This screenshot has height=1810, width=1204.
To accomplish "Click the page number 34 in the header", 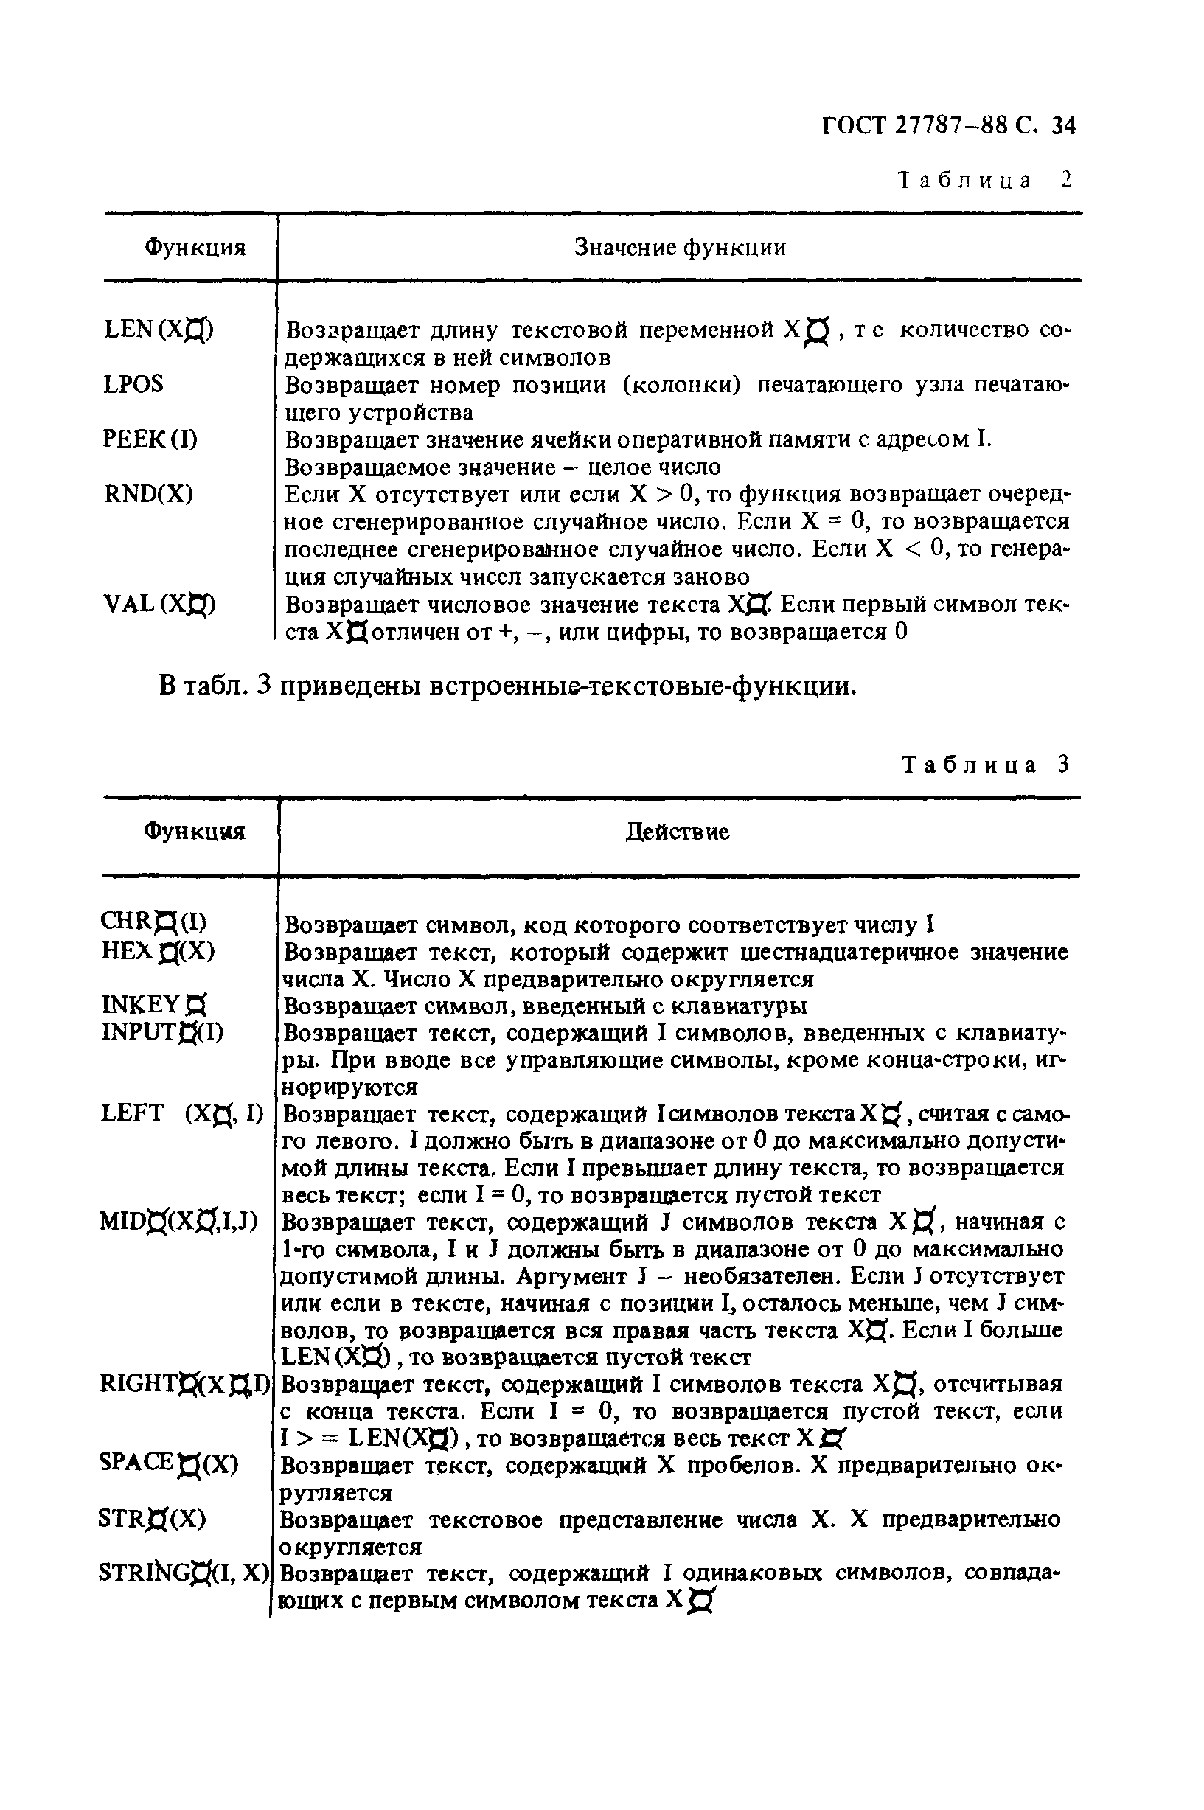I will click(x=1063, y=125).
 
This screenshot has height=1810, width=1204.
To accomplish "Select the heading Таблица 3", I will click(x=985, y=765).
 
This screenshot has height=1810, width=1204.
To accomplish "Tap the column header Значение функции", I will click(x=681, y=247).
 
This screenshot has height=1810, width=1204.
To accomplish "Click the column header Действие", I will click(x=678, y=832).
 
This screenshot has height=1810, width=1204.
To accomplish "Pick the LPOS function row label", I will click(x=133, y=384).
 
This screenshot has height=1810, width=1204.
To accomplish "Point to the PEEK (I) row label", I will click(x=150, y=439).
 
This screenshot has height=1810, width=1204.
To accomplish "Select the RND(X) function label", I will click(x=149, y=493).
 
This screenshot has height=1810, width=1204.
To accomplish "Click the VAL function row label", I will click(x=160, y=605).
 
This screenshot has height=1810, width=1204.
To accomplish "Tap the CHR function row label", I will click(x=153, y=920).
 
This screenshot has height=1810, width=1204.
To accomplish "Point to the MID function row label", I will click(x=179, y=1221).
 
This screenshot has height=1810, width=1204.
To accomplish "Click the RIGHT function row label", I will click(x=185, y=1385).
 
